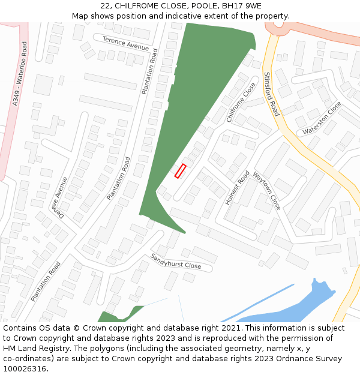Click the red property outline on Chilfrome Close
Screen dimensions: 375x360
point(180,171)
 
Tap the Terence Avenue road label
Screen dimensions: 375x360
point(125,43)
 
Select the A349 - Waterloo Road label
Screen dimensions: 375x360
point(20,74)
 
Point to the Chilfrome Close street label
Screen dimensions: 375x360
point(241,103)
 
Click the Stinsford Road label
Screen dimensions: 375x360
point(271,94)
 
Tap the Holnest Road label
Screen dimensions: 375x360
point(237,188)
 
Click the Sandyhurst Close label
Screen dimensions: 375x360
point(176,261)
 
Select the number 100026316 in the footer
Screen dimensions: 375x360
point(25,369)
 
